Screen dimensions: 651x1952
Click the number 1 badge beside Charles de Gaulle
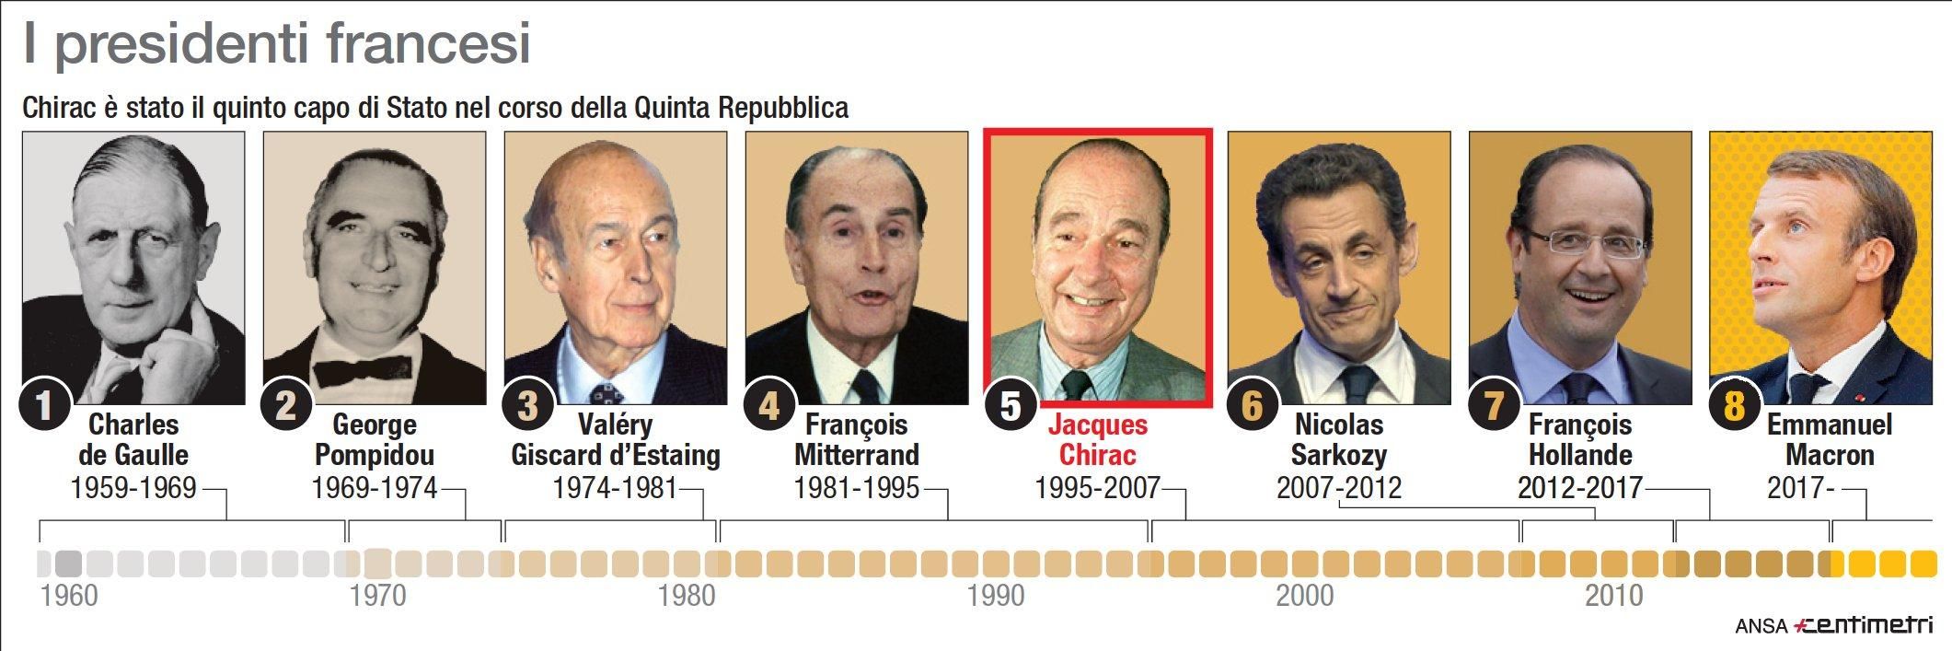coord(43,405)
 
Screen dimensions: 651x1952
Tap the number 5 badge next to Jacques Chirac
coord(1011,405)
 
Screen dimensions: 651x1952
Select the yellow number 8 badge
coord(1734,405)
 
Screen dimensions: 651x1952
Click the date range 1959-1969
coord(133,487)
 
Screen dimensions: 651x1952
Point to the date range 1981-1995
coord(857,487)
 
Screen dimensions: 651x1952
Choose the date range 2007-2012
coord(1338,487)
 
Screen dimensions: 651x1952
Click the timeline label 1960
coord(69,596)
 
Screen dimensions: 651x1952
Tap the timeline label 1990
coord(996,596)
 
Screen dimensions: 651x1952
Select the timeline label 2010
coord(1613,596)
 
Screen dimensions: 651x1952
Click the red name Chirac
coord(1097,455)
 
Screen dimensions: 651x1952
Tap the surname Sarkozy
coord(1338,455)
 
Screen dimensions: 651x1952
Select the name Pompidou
coord(374,455)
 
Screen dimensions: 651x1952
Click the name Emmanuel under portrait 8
coord(1830,424)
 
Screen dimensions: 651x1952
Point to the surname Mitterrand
coord(857,455)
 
